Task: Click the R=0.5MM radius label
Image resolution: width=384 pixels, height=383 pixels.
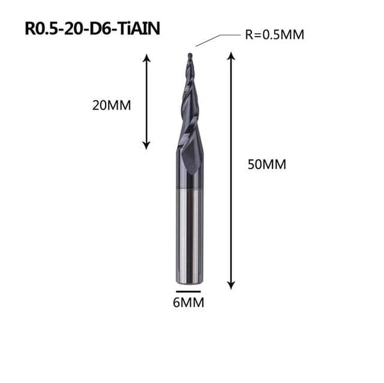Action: pos(274,35)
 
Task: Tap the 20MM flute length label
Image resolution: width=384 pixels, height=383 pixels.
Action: pos(111,106)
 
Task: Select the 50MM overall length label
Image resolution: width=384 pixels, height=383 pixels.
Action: pos(266,164)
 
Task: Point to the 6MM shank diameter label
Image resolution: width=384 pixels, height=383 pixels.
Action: pos(188,303)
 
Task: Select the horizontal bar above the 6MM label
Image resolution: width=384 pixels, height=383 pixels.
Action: pos(188,291)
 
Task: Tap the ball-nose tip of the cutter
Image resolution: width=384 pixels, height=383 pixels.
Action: pos(189,56)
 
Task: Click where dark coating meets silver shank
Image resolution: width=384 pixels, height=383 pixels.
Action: pos(189,190)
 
